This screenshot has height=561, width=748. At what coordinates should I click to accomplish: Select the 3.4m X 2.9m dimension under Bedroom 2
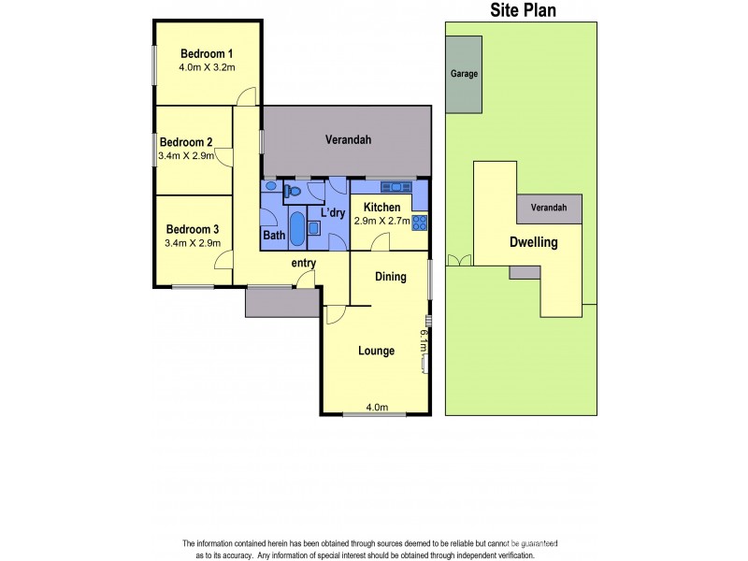188,156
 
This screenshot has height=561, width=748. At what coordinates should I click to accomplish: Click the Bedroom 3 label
193,229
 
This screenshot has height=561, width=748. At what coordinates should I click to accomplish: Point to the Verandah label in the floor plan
348,140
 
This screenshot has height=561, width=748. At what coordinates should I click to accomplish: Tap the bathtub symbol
296,229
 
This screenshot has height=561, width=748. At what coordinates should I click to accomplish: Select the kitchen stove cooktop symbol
420,222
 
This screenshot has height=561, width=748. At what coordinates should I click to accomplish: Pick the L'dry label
333,214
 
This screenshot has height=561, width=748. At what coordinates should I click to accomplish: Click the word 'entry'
304,263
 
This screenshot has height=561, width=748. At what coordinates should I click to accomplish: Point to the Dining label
390,277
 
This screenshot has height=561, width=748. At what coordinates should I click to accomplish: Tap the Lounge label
376,351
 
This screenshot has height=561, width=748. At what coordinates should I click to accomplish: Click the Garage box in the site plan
464,74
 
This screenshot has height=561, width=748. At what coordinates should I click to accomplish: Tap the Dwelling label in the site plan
533,242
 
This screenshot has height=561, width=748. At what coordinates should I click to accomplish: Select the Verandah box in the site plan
549,209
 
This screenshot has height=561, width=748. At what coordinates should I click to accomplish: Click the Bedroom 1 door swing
245,96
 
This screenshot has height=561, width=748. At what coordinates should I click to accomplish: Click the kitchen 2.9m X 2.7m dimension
381,223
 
